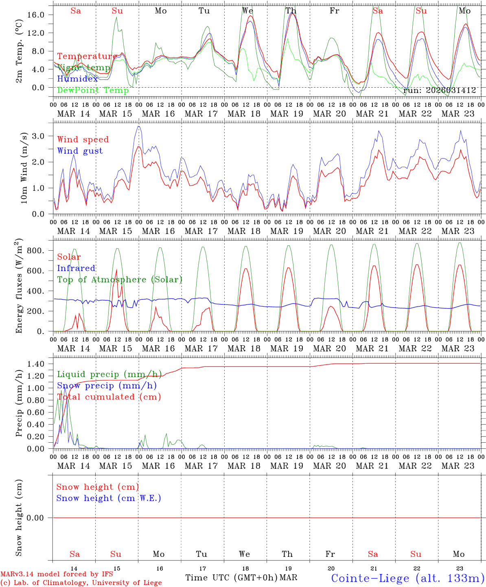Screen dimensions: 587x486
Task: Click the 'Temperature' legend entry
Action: tap(87, 56)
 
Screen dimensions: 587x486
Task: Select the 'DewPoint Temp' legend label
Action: tap(93, 90)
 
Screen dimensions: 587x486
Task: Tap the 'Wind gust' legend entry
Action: tap(80, 151)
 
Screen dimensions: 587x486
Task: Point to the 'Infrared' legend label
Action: tap(76, 268)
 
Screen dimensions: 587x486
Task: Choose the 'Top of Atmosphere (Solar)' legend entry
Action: tap(120, 280)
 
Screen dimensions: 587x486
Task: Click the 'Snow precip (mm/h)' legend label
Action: tap(107, 386)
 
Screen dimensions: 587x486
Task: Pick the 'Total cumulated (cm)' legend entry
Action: tap(109, 397)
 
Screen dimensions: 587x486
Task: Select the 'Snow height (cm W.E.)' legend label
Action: tap(109, 498)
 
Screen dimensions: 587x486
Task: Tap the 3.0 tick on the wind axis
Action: tap(43, 136)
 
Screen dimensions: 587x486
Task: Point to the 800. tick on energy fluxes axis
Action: tap(40, 251)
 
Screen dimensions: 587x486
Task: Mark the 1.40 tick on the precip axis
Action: tap(40, 364)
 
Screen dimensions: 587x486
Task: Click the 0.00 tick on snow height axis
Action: tap(40, 518)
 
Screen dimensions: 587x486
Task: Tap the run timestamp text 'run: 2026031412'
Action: tap(440, 90)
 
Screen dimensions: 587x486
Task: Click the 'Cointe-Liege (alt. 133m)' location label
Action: tap(407, 578)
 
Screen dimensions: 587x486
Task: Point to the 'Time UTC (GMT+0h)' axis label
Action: tap(231, 578)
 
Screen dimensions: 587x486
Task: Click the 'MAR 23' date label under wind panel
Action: tap(459, 231)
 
